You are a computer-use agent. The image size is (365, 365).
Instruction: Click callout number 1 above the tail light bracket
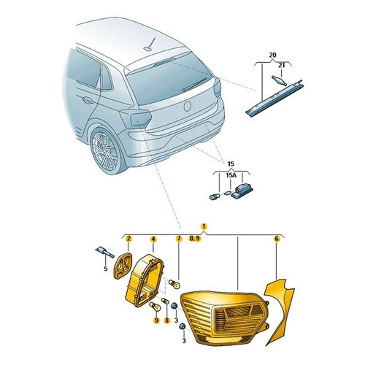(x=204, y=226)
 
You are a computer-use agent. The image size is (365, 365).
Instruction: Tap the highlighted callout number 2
(x=128, y=239)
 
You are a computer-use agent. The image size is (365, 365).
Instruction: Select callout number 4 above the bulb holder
(x=153, y=239)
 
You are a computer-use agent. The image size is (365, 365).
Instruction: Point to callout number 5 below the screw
(x=105, y=269)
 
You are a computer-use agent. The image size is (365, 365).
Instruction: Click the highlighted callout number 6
(x=277, y=239)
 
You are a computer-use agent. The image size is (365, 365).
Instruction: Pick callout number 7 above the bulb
(x=179, y=239)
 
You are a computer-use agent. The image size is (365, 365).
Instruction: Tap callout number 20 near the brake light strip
(x=273, y=55)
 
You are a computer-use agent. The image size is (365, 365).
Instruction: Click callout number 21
(x=281, y=66)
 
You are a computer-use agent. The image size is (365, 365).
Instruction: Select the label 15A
(x=231, y=175)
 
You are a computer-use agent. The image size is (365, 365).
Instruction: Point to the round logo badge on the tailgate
(x=188, y=107)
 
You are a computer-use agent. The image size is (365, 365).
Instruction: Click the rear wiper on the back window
(x=194, y=85)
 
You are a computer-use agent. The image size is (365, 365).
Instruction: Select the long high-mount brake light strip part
(x=274, y=98)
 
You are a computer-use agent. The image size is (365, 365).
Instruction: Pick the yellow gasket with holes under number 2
(x=123, y=266)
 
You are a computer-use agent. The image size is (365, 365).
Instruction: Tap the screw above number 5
(x=104, y=253)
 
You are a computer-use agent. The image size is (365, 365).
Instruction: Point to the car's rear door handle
(x=88, y=100)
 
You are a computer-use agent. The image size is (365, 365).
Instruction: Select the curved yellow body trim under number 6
(x=280, y=312)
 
